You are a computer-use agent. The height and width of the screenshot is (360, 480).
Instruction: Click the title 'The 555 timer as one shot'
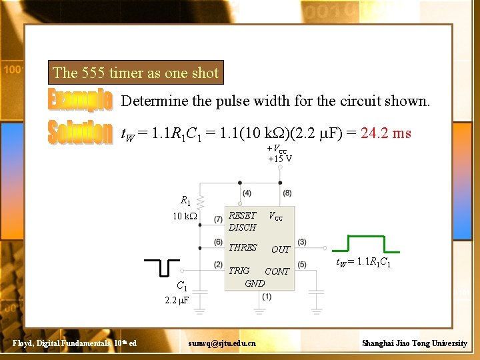[x=135, y=73]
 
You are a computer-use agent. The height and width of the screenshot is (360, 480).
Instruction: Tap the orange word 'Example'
[x=80, y=100]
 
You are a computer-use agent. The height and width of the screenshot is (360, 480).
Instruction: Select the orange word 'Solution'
[x=80, y=132]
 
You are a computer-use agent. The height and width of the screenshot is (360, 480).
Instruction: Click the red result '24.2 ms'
[x=386, y=133]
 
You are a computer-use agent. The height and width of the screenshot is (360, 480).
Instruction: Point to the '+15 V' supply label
[x=280, y=159]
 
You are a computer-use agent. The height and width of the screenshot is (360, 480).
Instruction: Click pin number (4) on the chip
[x=247, y=193]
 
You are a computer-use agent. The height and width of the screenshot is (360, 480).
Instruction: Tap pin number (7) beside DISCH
[x=218, y=219]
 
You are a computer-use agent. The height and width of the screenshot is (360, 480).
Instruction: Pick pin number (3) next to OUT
[x=302, y=241]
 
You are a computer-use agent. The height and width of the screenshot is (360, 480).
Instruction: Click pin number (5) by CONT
[x=302, y=265]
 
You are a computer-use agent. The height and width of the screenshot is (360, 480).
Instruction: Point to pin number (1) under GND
[x=267, y=297]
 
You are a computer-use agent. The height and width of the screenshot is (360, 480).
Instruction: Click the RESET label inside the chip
[x=242, y=215]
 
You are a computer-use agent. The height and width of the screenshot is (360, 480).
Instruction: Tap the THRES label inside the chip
[x=243, y=247]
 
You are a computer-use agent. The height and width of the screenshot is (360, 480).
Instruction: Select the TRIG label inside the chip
[x=239, y=271]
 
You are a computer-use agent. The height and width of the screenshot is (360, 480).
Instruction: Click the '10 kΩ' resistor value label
[x=181, y=217]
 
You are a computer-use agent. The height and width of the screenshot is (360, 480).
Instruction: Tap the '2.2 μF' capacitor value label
[x=177, y=301]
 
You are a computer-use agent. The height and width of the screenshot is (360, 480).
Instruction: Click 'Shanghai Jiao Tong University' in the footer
[x=414, y=343]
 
